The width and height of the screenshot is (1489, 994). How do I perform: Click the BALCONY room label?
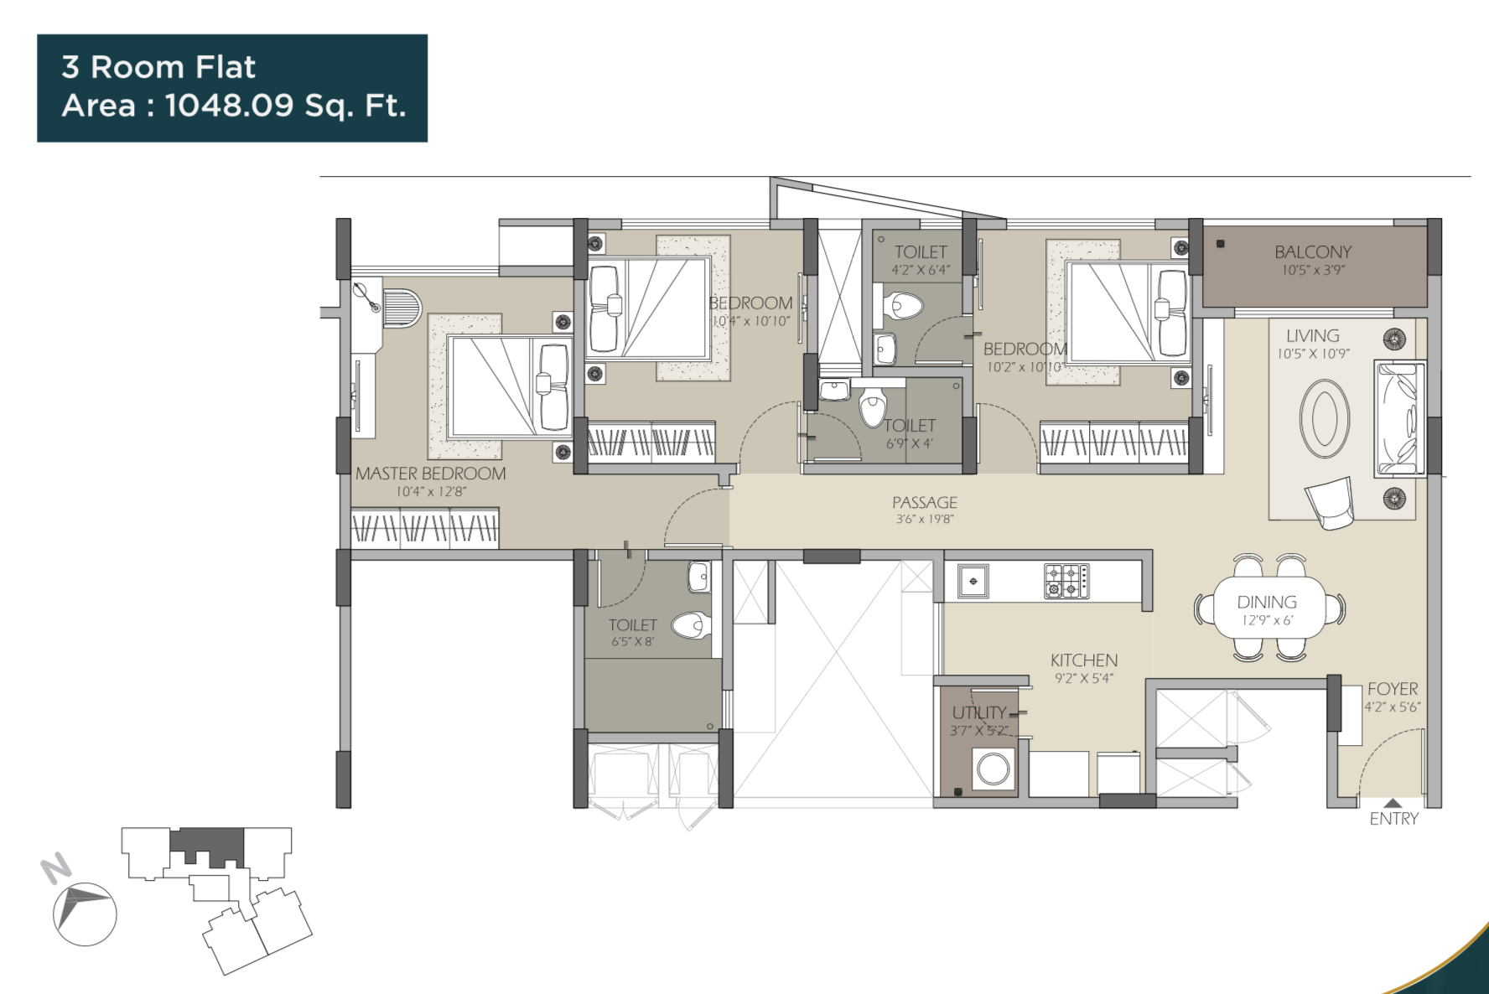click(x=1313, y=251)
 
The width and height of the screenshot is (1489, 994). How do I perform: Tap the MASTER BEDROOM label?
click(x=430, y=474)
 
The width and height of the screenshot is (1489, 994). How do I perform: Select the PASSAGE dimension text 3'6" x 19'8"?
click(x=924, y=520)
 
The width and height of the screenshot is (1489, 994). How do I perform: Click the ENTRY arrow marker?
click(x=1392, y=803)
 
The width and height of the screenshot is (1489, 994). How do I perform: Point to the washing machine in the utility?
click(x=994, y=769)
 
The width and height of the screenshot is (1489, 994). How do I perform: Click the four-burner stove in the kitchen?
click(x=1066, y=581)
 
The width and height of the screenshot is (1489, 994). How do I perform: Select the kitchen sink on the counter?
click(x=973, y=580)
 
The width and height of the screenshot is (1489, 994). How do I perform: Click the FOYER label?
click(x=1393, y=689)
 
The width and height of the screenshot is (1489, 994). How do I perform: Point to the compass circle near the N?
click(x=85, y=914)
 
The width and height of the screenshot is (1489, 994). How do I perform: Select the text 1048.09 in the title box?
click(x=229, y=106)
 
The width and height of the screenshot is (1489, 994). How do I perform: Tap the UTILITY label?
click(x=978, y=712)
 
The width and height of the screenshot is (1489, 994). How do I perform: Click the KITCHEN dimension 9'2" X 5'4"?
click(x=1083, y=679)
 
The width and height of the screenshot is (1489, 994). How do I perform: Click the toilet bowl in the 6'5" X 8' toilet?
click(x=691, y=624)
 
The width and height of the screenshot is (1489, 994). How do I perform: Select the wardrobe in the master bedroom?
click(x=424, y=528)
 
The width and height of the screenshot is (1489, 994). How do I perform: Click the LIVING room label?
click(x=1312, y=335)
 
